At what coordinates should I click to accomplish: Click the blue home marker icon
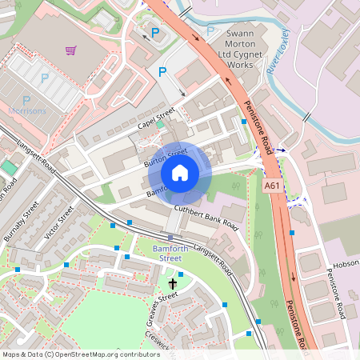180,172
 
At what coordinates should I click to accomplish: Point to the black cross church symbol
173,283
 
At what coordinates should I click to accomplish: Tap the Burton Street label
165,147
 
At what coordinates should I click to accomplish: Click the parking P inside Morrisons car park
45,78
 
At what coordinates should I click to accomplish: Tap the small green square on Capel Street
160,124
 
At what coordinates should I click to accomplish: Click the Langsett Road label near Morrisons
37,156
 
